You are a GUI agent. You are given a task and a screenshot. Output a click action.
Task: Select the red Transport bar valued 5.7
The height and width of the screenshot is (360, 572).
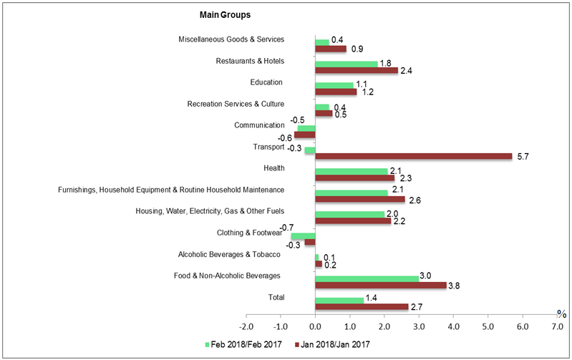413,156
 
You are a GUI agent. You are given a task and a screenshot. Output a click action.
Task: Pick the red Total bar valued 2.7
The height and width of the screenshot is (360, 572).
362,306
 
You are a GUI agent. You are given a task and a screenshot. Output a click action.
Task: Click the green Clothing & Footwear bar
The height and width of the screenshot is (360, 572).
303,235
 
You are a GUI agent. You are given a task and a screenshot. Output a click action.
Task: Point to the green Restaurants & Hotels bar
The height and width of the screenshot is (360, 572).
346,64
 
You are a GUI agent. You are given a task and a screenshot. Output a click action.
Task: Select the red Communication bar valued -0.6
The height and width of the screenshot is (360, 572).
305,135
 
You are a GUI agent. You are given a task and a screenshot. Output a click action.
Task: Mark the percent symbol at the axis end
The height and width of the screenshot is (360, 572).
562,313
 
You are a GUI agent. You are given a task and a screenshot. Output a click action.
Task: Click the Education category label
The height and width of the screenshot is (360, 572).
266,82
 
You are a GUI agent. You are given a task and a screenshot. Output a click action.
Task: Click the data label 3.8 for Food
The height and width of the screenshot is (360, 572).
455,286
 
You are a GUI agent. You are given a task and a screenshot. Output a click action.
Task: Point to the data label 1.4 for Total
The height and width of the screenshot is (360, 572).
372,298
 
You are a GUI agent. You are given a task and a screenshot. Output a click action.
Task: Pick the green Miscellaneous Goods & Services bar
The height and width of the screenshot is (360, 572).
322,42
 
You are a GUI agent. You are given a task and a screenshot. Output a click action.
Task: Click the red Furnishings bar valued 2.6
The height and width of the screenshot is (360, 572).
359,199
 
